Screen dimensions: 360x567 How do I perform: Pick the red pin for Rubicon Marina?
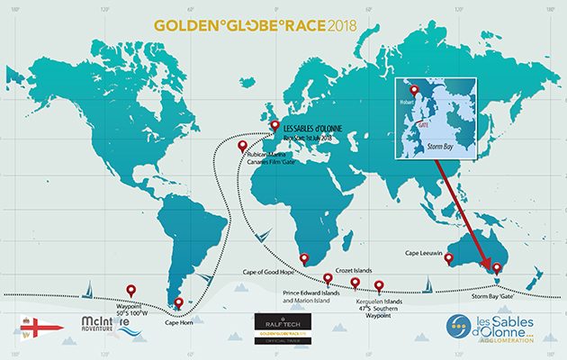coord(241,146)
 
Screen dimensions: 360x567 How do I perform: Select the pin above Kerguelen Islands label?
coord(378,287)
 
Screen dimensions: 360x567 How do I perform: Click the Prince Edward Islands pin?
coord(328,279)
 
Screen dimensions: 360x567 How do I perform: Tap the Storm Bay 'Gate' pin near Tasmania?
coord(494,267)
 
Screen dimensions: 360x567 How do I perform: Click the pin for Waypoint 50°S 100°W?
coord(130,290)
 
